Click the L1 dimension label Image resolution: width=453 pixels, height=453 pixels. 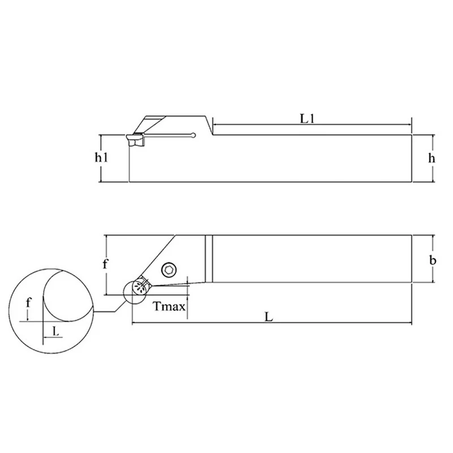pyautogui.click(x=307, y=119)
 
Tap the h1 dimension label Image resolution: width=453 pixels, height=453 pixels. pyautogui.click(x=101, y=157)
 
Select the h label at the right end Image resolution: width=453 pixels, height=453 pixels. pyautogui.click(x=431, y=158)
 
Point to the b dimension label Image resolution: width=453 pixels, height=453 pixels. pyautogui.click(x=433, y=260)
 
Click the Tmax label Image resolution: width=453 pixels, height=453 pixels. pyautogui.click(x=169, y=306)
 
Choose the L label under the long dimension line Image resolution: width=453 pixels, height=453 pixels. pyautogui.click(x=269, y=317)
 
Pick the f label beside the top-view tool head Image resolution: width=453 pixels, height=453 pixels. pyautogui.click(x=105, y=263)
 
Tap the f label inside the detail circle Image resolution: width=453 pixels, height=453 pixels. pyautogui.click(x=28, y=303)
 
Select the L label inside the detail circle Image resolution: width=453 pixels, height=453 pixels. pyautogui.click(x=55, y=331)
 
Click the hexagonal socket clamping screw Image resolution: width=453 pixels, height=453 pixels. pyautogui.click(x=169, y=270)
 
